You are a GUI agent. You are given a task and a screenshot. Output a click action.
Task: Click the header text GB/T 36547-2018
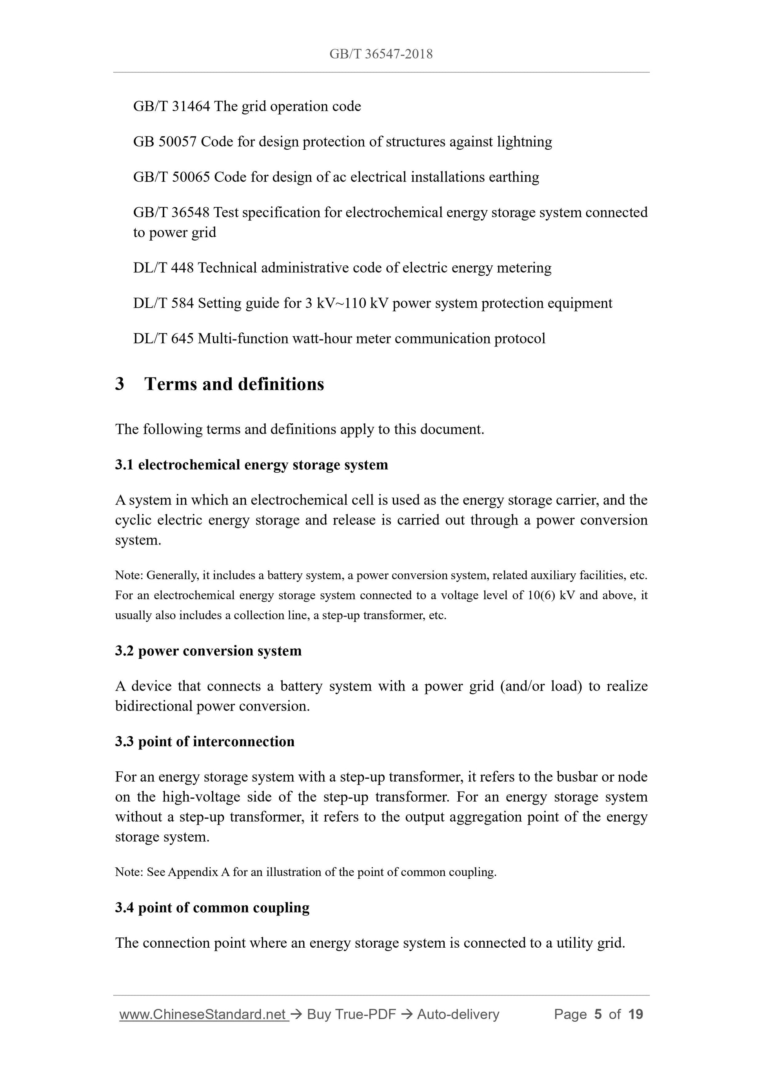tap(381, 54)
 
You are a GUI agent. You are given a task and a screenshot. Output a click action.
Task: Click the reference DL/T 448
tap(163, 268)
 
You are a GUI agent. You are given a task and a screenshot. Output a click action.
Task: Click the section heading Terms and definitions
tap(234, 384)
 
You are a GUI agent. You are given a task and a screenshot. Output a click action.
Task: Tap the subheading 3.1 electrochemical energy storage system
tap(251, 465)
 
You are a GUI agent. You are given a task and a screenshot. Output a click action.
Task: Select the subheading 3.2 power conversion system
tap(208, 651)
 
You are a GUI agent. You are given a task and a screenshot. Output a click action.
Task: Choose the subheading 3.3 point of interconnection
tap(205, 742)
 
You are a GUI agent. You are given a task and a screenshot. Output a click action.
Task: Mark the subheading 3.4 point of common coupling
tap(212, 907)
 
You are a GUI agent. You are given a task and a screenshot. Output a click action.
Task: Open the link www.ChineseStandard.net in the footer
tap(203, 1015)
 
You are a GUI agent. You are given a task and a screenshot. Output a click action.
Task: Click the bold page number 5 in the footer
tap(598, 1015)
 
